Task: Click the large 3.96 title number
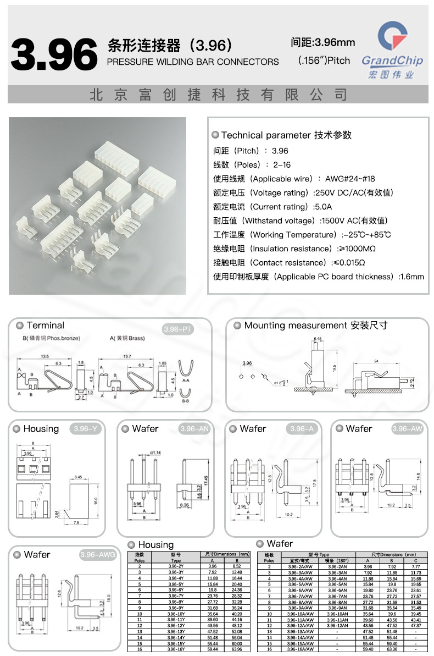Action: click(x=54, y=55)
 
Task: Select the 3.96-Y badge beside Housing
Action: click(x=85, y=429)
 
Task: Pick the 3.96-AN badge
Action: click(x=194, y=429)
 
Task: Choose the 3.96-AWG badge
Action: click(x=98, y=555)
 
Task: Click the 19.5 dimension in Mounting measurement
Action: click(x=334, y=367)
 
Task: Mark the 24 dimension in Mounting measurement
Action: click(x=376, y=361)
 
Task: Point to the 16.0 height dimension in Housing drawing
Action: click(x=96, y=501)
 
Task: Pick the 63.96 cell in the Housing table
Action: click(x=236, y=649)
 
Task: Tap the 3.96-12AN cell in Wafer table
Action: click(x=337, y=626)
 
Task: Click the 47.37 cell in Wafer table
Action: click(x=415, y=626)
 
